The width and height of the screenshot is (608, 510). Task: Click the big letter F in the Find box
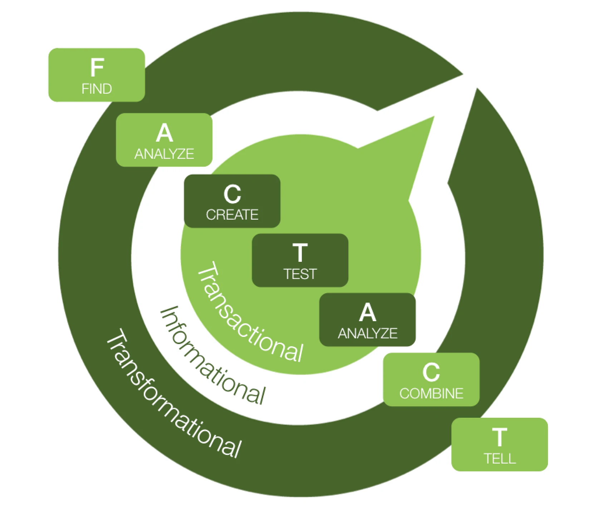[97, 68]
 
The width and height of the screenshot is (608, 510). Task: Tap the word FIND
[97, 89]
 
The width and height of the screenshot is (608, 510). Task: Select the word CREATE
[232, 215]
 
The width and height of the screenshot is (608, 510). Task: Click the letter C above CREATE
[232, 194]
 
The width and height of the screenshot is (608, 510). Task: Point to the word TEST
[300, 274]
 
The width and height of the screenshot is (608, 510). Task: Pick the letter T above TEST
[300, 253]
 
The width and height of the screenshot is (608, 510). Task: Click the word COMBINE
[431, 393]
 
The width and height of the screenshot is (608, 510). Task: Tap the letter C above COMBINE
[431, 372]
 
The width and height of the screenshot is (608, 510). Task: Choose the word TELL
[500, 458]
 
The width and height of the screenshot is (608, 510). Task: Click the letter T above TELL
[500, 437]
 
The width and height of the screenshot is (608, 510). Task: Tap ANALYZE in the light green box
[164, 154]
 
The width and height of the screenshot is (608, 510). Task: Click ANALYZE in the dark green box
[368, 333]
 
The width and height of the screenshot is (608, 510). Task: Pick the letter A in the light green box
[164, 133]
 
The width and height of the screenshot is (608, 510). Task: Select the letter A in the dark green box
[368, 313]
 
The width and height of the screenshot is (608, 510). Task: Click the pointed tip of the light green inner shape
[433, 117]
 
